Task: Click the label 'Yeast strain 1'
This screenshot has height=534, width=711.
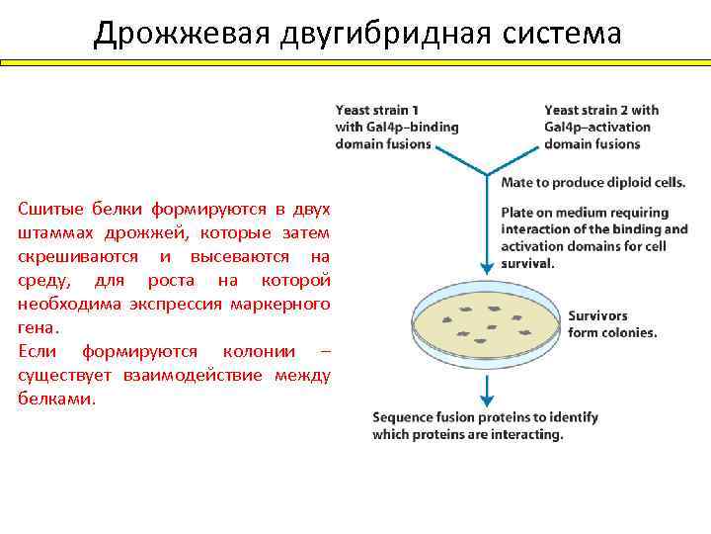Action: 377,110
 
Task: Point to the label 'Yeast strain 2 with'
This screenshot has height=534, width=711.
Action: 601,110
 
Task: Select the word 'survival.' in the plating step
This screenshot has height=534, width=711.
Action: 528,264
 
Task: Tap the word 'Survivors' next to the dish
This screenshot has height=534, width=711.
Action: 597,316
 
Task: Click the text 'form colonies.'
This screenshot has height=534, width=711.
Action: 612,332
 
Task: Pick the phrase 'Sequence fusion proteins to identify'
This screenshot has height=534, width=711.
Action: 485,418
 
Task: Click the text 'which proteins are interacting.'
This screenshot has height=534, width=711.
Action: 468,434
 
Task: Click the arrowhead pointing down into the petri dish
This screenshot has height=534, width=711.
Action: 486,267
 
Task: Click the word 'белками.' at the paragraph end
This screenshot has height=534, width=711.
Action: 57,400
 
